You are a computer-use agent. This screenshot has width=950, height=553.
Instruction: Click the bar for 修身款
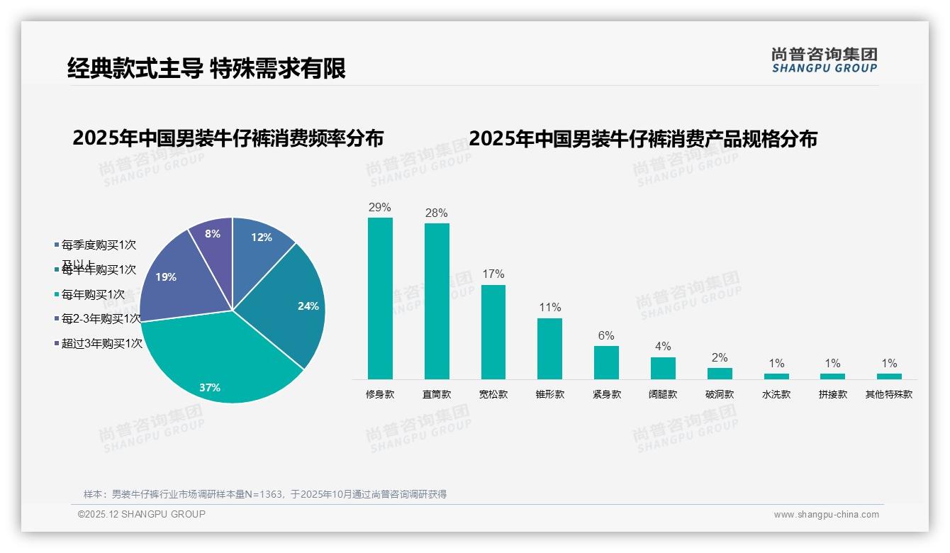pyautogui.click(x=380, y=298)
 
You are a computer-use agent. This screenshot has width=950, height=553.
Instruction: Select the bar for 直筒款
pyautogui.click(x=437, y=301)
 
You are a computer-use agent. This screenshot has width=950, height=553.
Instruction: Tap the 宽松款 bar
pyautogui.click(x=493, y=332)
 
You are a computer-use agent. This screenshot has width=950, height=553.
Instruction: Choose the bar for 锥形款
pyautogui.click(x=549, y=349)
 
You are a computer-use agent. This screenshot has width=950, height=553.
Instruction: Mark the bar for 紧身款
pyautogui.click(x=606, y=362)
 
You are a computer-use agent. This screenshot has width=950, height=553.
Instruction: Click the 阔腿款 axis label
pyautogui.click(x=663, y=394)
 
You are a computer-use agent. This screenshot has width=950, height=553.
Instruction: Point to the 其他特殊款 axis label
pyautogui.click(x=889, y=394)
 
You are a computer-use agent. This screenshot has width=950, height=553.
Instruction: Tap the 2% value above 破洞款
pyautogui.click(x=720, y=357)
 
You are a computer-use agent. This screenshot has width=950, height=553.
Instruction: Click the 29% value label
pyautogui.click(x=380, y=207)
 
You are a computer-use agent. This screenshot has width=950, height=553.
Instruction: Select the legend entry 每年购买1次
pyautogui.click(x=92, y=294)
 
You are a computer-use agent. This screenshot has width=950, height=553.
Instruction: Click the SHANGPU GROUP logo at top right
pyautogui.click(x=825, y=60)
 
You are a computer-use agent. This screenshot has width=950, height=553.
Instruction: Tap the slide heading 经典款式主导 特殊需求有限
pyautogui.click(x=206, y=68)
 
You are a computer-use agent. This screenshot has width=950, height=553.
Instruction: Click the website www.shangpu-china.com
pyautogui.click(x=826, y=515)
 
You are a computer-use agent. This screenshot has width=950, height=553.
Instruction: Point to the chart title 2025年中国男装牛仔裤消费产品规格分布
pyautogui.click(x=643, y=138)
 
